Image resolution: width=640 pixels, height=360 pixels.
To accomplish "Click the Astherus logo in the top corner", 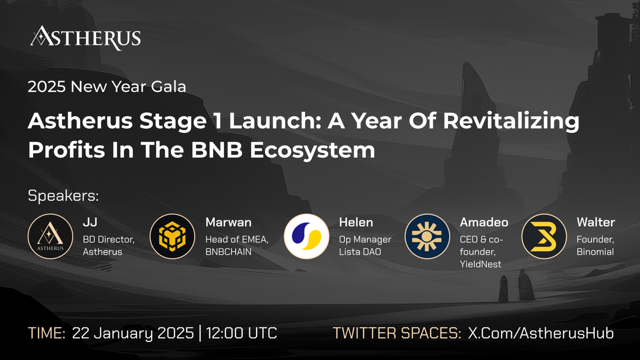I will pyautogui.click(x=85, y=38).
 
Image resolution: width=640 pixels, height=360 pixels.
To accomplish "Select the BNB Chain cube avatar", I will pyautogui.click(x=172, y=236).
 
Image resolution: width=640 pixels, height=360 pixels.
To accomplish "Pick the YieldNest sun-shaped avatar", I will pyautogui.click(x=427, y=236).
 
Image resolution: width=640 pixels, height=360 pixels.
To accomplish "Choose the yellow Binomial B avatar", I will pyautogui.click(x=543, y=236).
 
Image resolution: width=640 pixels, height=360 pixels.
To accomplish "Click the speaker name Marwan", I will pyautogui.click(x=228, y=222).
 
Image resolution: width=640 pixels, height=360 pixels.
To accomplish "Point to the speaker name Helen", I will pyautogui.click(x=356, y=222).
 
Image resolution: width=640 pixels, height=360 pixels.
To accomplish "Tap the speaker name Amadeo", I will pyautogui.click(x=484, y=222).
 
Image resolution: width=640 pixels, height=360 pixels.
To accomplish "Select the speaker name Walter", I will pyautogui.click(x=596, y=222).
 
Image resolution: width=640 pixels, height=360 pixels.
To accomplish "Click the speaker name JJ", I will pyautogui.click(x=89, y=222).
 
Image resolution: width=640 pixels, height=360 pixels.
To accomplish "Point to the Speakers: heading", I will pyautogui.click(x=63, y=196).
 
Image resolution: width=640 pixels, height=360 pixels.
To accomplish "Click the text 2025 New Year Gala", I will pyautogui.click(x=107, y=86).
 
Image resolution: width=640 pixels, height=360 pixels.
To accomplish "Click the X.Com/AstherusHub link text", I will pyautogui.click(x=541, y=333).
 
